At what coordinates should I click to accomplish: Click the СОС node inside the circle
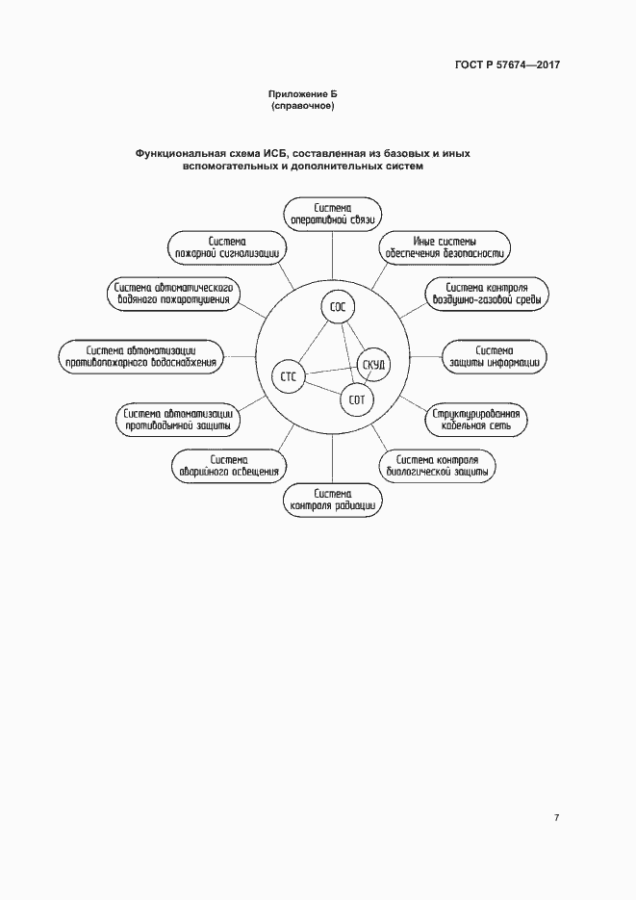tap(338, 308)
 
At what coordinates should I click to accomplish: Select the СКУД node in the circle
tap(374, 365)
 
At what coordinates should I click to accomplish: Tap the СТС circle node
tap(288, 377)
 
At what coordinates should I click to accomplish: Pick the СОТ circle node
tap(357, 399)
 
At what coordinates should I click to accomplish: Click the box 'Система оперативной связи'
tap(332, 214)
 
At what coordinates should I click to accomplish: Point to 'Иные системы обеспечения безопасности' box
tap(445, 247)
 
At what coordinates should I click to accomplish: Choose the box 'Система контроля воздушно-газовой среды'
tap(487, 293)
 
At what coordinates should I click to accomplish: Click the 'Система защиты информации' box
tap(495, 355)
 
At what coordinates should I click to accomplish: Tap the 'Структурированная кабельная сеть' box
tap(478, 419)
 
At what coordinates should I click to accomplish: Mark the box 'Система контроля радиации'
tap(332, 499)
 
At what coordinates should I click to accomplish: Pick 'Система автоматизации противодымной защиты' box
tap(176, 419)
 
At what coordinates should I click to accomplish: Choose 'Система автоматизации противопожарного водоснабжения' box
tap(140, 355)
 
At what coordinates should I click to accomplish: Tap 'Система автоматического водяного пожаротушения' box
tap(172, 293)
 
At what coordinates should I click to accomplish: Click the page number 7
tap(556, 818)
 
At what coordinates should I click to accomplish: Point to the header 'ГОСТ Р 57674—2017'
tap(508, 65)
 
